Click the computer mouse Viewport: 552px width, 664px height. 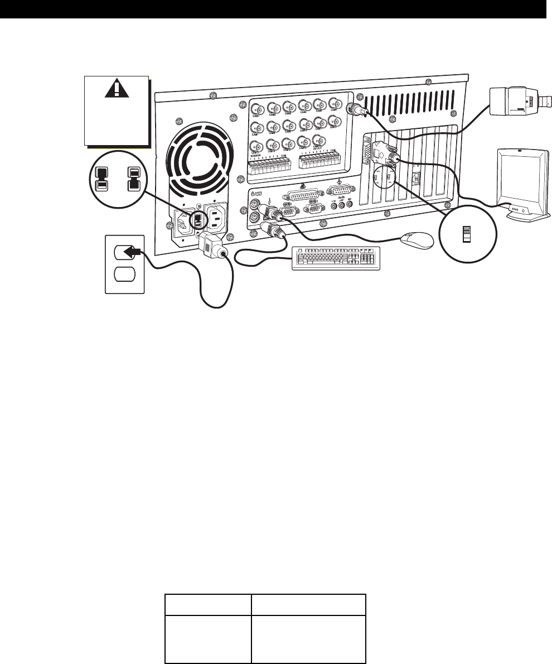[x=417, y=240]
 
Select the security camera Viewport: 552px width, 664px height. [x=516, y=103]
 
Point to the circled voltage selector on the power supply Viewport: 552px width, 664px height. [x=197, y=218]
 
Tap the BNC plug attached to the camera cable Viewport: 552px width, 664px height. [x=356, y=110]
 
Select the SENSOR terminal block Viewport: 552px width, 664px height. [x=268, y=165]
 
